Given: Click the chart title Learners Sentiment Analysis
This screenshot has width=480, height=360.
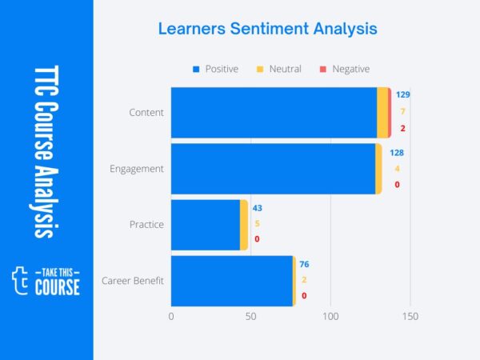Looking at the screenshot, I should tap(266, 30).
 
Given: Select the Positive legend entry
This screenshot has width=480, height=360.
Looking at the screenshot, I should tap(215, 69).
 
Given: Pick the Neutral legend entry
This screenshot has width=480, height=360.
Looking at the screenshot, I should tap(279, 69).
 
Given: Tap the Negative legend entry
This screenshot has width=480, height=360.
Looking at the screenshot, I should tap(345, 69).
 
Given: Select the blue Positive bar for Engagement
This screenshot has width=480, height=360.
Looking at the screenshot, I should tap(273, 168).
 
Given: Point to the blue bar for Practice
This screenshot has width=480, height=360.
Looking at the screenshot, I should tap(206, 224).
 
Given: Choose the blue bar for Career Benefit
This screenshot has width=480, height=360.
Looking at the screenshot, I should tap(232, 280).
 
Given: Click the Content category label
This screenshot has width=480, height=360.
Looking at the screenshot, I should tap(146, 112).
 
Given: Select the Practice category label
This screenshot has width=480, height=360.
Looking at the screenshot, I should tap(146, 224).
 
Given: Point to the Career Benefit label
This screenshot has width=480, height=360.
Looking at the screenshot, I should tap(133, 280).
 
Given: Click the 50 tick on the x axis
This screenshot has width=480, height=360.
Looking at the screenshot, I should tap(250, 316).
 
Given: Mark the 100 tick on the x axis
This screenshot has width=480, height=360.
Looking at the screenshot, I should tap(330, 316).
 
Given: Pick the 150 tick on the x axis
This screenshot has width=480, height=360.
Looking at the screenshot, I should tap(410, 316).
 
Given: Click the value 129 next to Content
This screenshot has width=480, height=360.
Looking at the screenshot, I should tap(402, 94).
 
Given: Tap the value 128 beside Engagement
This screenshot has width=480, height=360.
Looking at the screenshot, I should tap(397, 152).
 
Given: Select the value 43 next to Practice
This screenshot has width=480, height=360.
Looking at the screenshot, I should tap(257, 208).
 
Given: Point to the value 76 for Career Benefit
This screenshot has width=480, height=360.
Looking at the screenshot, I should tap(304, 264).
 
